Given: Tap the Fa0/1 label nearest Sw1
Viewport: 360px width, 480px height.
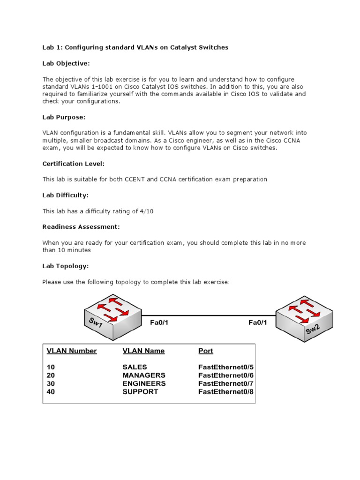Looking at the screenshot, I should [159, 322].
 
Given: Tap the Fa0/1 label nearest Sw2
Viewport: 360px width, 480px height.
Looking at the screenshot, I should [257, 322].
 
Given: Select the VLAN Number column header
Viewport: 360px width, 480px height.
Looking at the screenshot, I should [72, 351].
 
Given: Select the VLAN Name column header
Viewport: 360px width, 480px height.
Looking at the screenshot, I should [143, 351].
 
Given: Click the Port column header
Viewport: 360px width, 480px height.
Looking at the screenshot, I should [206, 351].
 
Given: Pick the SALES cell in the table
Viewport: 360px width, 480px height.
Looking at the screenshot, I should [135, 367].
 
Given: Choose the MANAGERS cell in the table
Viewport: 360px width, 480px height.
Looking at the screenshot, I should [143, 375].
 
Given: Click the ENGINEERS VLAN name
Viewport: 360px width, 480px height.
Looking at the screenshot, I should [144, 383].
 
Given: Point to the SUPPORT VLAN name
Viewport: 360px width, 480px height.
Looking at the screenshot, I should [140, 392].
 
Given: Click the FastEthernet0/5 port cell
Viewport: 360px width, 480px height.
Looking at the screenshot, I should [226, 367].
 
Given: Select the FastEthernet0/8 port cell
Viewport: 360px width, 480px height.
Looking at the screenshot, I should [226, 392].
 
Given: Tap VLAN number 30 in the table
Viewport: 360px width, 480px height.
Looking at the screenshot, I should [51, 383].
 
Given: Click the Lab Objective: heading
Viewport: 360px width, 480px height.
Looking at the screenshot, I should [66, 63].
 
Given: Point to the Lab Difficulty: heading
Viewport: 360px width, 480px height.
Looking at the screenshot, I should [65, 195].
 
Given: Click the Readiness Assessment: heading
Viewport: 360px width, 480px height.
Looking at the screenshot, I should [81, 227].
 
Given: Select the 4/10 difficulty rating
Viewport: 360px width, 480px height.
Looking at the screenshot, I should [146, 211].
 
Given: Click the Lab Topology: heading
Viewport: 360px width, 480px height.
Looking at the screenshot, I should [65, 266].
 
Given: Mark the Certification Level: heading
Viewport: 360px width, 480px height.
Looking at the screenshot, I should [73, 164].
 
